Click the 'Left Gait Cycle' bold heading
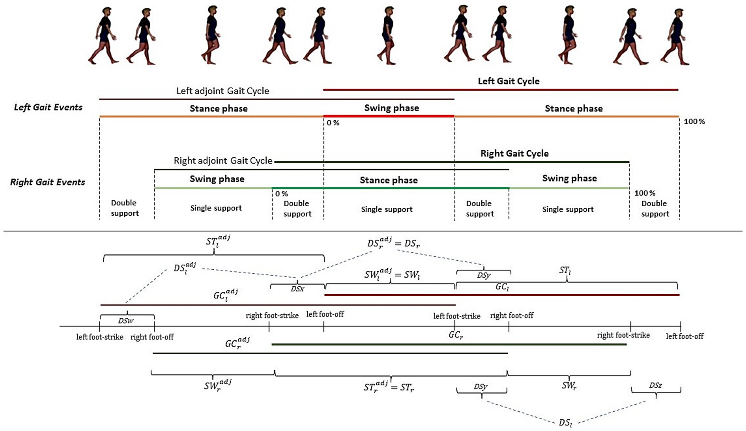[x=508, y=81]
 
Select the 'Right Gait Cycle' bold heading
[x=514, y=153]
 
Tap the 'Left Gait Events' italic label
[x=48, y=107]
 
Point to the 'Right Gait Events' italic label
[x=47, y=182]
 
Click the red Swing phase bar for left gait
[x=389, y=116]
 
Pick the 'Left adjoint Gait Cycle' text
[x=223, y=91]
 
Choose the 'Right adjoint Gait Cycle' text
[x=223, y=160]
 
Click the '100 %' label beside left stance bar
[x=694, y=122]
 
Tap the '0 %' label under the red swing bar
[x=333, y=123]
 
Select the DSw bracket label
[x=126, y=321]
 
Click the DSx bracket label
[x=297, y=289]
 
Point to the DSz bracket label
[x=655, y=385]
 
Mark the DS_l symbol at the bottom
[x=565, y=422]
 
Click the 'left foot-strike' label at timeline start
[x=99, y=337]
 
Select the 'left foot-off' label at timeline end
[x=684, y=336]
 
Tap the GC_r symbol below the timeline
[x=455, y=335]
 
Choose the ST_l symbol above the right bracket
[x=565, y=270]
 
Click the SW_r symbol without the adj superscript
[x=569, y=386]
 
